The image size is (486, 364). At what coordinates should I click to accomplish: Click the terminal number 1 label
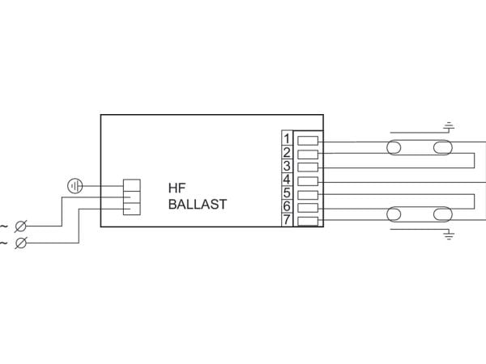pyautogui.click(x=287, y=139)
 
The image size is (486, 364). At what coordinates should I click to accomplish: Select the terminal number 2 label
pyautogui.click(x=287, y=153)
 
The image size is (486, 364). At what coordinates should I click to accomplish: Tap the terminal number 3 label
pyautogui.click(x=287, y=166)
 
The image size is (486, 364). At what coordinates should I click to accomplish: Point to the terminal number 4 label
pyautogui.click(x=287, y=180)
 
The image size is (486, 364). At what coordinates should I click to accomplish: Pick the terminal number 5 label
pyautogui.click(x=287, y=193)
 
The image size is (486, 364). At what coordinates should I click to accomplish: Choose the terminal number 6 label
pyautogui.click(x=287, y=206)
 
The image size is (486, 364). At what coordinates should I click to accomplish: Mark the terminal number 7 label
pyautogui.click(x=287, y=220)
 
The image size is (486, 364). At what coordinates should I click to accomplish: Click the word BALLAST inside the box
pyautogui.click(x=198, y=205)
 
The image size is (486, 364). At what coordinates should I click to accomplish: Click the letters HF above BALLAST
pyautogui.click(x=177, y=188)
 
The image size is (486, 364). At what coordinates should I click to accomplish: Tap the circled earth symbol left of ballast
pyautogui.click(x=75, y=186)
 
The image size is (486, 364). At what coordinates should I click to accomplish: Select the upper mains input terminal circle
pyautogui.click(x=21, y=226)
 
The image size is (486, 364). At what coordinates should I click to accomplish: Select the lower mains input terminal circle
pyautogui.click(x=21, y=243)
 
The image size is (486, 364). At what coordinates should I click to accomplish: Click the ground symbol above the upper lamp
pyautogui.click(x=449, y=126)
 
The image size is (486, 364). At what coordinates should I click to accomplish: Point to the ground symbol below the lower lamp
pyautogui.click(x=449, y=235)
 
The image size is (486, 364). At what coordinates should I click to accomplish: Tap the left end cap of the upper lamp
pyautogui.click(x=394, y=148)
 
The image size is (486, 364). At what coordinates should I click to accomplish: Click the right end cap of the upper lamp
pyautogui.click(x=442, y=148)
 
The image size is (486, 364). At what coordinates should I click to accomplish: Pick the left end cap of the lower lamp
pyautogui.click(x=394, y=214)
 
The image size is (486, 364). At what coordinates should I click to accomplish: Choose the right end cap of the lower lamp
pyautogui.click(x=442, y=214)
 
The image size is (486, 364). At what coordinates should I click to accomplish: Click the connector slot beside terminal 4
pyautogui.click(x=308, y=181)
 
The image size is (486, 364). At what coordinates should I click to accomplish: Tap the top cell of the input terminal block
pyautogui.click(x=132, y=185)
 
